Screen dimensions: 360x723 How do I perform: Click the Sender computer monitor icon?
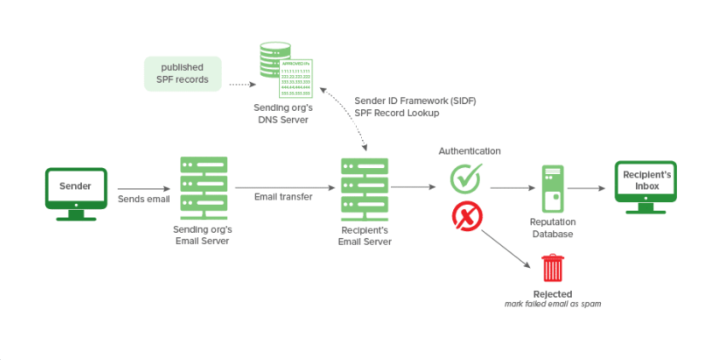[75, 190]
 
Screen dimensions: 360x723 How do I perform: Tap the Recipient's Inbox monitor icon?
[645, 184]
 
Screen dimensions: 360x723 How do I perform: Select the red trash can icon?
[553, 268]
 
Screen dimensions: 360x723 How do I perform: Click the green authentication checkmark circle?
[466, 179]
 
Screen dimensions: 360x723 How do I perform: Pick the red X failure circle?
[466, 218]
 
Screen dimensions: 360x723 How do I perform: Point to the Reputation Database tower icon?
[552, 188]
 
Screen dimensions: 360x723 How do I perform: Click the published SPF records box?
[183, 73]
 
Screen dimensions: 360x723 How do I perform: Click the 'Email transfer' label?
[283, 197]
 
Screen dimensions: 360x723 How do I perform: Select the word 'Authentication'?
[469, 151]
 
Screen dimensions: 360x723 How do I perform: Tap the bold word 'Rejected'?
[552, 294]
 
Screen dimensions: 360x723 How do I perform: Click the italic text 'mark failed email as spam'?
[552, 304]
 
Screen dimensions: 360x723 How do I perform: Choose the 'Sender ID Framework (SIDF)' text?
[415, 101]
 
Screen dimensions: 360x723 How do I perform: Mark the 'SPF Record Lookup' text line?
[397, 113]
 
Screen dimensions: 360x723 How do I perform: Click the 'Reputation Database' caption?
[552, 227]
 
